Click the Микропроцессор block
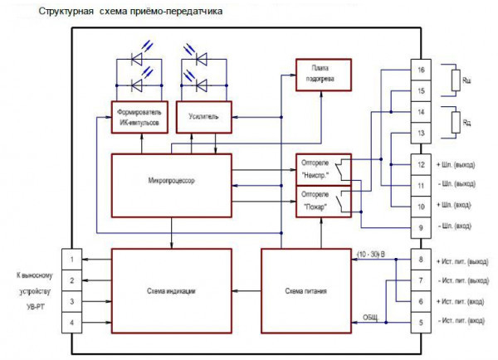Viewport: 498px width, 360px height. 173,181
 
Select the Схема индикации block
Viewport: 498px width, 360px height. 173,291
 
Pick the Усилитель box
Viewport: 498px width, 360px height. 203,117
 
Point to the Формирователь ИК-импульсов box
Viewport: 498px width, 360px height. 139,117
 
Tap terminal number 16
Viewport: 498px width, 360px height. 422,71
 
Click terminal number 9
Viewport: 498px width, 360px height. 422,225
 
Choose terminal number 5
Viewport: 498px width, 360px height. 422,321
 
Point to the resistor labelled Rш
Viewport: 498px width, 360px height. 455,80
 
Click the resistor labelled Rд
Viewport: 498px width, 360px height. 455,123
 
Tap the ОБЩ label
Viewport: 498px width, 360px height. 371,316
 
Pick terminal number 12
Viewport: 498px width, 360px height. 422,163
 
